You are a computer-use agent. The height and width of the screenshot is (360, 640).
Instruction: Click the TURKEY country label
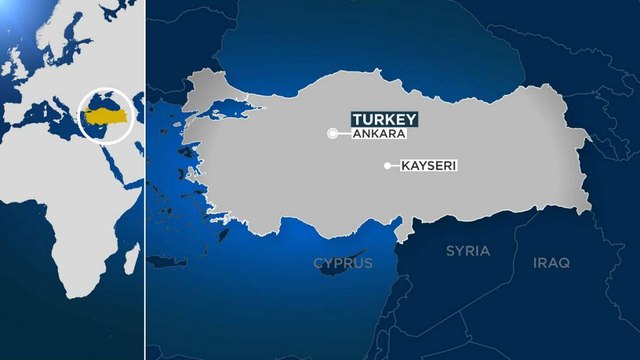(383, 119)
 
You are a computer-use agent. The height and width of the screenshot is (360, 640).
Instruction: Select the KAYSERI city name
(427, 167)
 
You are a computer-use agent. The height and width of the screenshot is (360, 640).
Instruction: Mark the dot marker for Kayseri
(386, 166)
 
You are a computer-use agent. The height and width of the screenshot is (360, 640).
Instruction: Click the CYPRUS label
(342, 263)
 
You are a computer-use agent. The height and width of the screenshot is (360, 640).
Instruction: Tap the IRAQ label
(550, 263)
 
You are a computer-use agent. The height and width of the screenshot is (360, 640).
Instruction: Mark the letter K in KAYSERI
(402, 167)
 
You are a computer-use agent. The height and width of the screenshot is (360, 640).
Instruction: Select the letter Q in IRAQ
(565, 263)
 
